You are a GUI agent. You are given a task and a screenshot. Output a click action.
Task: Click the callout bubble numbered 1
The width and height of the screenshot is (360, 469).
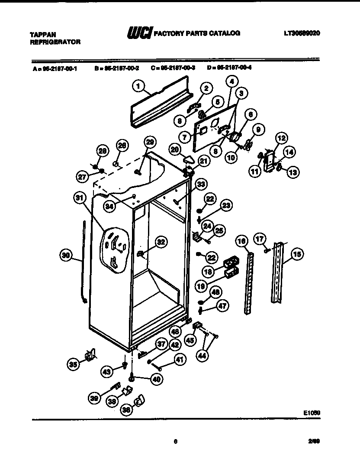[x=138, y=87]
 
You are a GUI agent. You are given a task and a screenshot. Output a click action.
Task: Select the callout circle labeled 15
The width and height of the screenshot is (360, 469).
[x=297, y=255]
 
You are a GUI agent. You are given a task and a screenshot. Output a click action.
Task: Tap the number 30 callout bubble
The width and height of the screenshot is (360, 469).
[x=65, y=256]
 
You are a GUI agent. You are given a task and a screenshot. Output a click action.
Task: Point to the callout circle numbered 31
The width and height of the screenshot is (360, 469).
[x=78, y=198]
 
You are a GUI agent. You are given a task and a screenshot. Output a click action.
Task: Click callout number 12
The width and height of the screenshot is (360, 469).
[x=282, y=139]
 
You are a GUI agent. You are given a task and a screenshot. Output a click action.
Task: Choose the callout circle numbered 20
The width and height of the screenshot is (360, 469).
[x=175, y=149]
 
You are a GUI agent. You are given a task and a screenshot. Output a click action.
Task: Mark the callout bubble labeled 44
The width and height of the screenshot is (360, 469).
[x=201, y=355]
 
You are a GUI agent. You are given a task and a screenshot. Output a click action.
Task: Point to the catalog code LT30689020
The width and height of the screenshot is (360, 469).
[x=302, y=33]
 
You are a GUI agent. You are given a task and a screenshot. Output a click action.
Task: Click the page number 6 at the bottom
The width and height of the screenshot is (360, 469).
[x=175, y=441]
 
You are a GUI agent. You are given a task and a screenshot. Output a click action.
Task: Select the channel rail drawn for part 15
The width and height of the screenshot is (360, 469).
[x=277, y=273]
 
